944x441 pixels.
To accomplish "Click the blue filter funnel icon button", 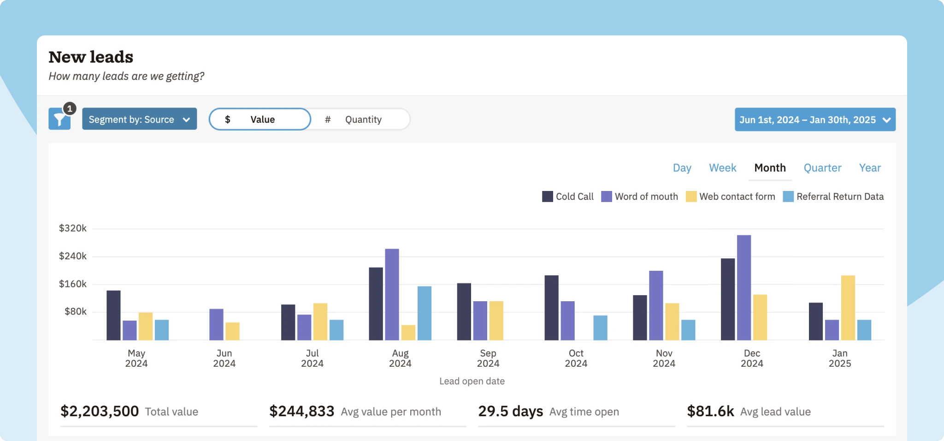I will [59, 119].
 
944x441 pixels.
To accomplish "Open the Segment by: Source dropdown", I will [139, 119].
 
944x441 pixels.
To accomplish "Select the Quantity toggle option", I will [360, 119].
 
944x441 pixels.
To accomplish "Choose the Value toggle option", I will [260, 119].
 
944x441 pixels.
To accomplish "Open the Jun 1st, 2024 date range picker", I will [814, 120].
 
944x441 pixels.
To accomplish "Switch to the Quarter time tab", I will [822, 168].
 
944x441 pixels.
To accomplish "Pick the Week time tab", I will [722, 168].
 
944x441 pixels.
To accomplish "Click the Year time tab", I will [869, 168].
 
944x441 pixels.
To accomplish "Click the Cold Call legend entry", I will [568, 197].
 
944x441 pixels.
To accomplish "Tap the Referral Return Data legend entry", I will [833, 197].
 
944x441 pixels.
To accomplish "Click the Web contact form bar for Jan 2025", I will [848, 308].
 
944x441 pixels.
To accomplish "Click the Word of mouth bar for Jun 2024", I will [216, 324].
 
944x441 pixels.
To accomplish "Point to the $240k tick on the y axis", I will [73, 256].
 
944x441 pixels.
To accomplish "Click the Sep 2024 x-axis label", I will [488, 358].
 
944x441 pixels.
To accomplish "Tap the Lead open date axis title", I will [472, 381].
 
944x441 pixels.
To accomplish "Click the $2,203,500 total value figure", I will [100, 411].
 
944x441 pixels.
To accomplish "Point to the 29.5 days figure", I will [510, 411].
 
